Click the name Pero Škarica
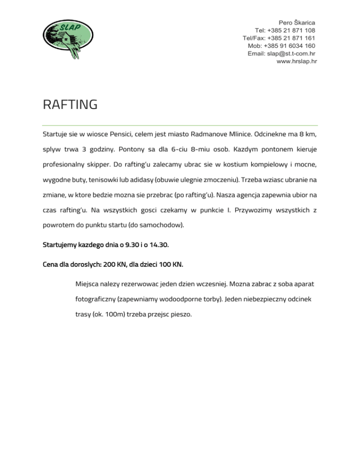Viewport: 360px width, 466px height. coord(297,22)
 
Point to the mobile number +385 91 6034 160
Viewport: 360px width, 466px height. coord(290,45)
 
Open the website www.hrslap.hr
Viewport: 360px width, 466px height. coord(296,61)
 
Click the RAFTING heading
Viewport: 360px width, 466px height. coord(70,104)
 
